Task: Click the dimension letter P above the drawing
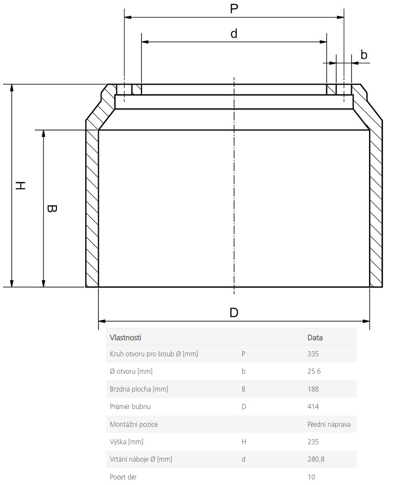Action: click(x=234, y=8)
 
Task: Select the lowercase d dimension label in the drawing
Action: click(x=234, y=33)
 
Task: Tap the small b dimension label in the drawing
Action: click(x=364, y=55)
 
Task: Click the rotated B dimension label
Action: click(x=52, y=209)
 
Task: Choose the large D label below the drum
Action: click(x=234, y=313)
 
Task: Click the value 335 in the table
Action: click(x=313, y=354)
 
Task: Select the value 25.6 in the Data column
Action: click(x=314, y=371)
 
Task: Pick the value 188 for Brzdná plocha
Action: click(x=313, y=389)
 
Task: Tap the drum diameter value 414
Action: click(x=313, y=406)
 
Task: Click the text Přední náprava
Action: click(x=329, y=424)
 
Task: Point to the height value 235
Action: click(x=313, y=442)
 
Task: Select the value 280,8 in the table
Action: click(x=316, y=459)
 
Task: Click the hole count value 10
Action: click(x=311, y=477)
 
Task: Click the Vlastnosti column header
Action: click(x=125, y=338)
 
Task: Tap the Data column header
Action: click(x=315, y=338)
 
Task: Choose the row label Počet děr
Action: click(x=123, y=477)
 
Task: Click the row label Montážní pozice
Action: click(x=134, y=424)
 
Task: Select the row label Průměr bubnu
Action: click(x=130, y=406)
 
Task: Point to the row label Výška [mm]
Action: click(x=126, y=442)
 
